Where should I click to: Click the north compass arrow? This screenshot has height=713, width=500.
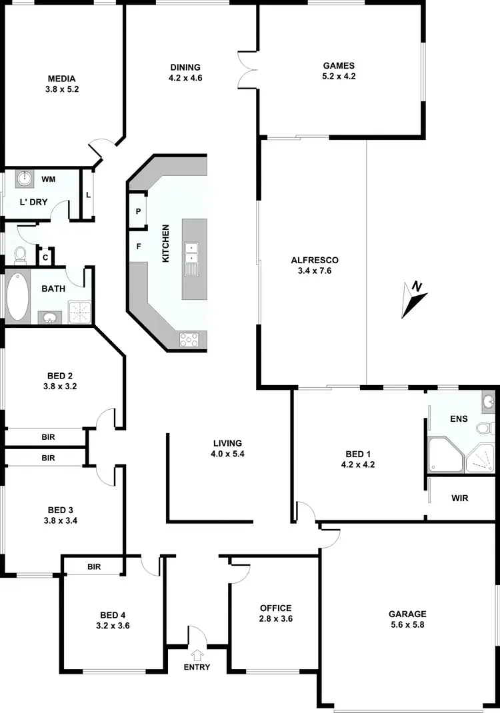pyautogui.click(x=413, y=297)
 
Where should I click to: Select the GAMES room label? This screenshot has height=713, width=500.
pyautogui.click(x=339, y=65)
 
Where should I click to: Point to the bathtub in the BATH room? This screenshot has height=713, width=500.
pyautogui.click(x=17, y=296)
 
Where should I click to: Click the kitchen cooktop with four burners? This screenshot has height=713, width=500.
pyautogui.click(x=189, y=340)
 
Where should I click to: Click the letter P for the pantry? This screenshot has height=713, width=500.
pyautogui.click(x=139, y=211)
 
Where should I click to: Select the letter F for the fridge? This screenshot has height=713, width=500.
pyautogui.click(x=139, y=245)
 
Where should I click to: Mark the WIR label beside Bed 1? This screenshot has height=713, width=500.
pyautogui.click(x=459, y=498)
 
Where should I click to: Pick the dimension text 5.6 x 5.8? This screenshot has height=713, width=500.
pyautogui.click(x=407, y=625)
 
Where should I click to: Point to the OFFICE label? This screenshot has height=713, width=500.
pyautogui.click(x=276, y=608)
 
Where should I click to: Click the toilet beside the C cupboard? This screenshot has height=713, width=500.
pyautogui.click(x=19, y=254)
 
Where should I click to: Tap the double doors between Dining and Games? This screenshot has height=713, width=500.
pyautogui.click(x=247, y=69)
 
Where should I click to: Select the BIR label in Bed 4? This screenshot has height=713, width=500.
pyautogui.click(x=93, y=566)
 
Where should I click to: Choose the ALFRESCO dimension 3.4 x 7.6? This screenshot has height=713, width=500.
pyautogui.click(x=311, y=271)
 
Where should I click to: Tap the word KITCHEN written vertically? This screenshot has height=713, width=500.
pyautogui.click(x=165, y=243)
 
